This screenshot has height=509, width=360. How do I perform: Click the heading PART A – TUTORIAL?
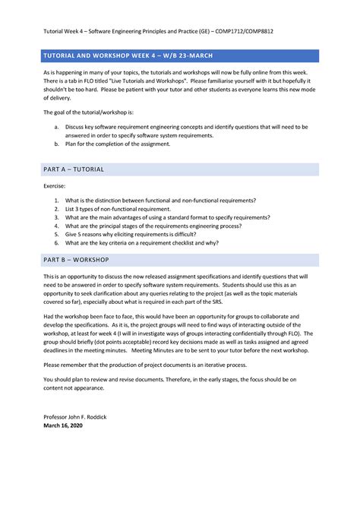pos(74,169)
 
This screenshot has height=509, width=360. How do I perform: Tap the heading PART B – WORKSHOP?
pos(76,260)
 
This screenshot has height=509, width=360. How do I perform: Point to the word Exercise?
pos(55,185)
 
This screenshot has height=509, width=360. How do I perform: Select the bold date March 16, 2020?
pos(63,425)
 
